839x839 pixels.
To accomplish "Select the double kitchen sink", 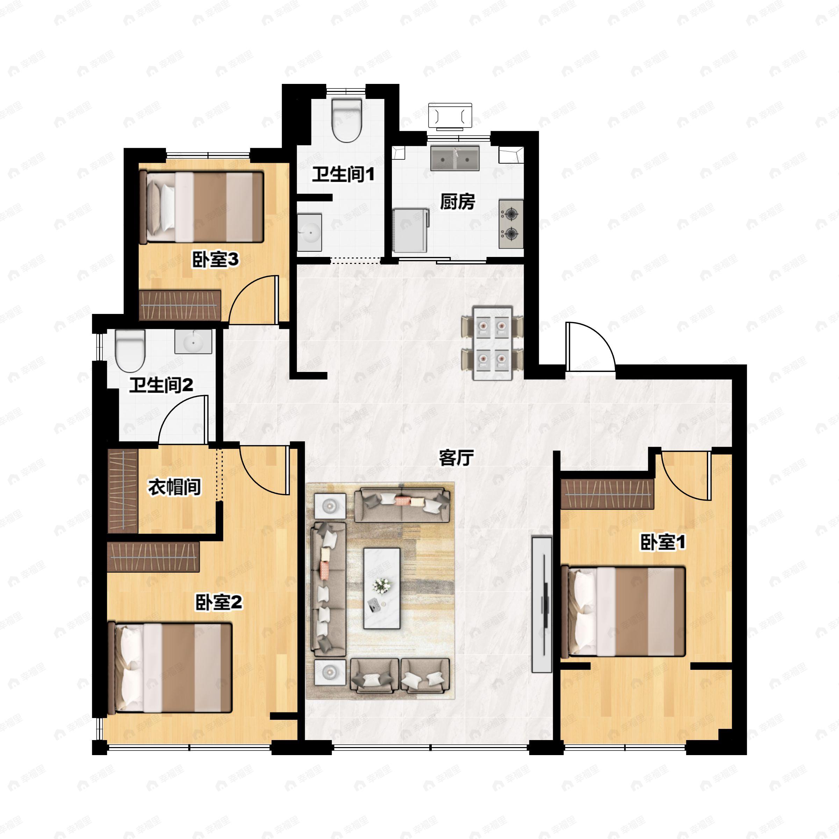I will point(455,158).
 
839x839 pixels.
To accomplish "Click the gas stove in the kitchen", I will point(511,224).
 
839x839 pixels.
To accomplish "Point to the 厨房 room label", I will point(457,201).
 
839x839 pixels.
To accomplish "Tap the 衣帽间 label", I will point(174,487).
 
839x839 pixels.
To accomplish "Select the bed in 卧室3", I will point(204,207).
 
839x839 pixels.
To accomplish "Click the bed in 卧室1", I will point(623,612).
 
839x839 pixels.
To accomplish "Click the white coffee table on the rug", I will point(382,588).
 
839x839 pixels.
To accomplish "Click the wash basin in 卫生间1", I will point(309,232).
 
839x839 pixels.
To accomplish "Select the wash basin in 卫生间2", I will point(193,341).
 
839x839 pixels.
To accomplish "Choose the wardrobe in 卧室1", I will point(607,494).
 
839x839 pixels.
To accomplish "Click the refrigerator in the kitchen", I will point(410,230).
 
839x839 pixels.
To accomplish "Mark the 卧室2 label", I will point(218,602).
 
